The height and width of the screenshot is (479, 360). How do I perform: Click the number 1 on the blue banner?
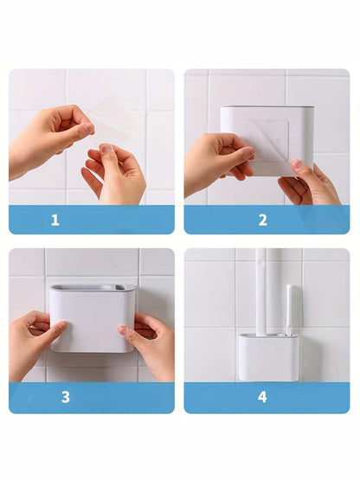[55, 220]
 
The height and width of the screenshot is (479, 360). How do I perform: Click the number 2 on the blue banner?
[262, 220]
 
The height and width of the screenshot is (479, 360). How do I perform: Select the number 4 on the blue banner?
[262, 397]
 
